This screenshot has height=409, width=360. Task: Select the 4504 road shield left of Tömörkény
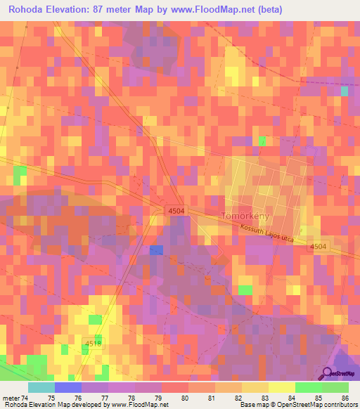(177, 210)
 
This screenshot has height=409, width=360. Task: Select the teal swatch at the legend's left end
(41, 387)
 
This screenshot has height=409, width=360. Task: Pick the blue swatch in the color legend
(67, 387)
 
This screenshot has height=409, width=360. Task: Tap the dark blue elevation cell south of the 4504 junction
(156, 250)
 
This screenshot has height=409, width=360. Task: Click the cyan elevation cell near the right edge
(345, 91)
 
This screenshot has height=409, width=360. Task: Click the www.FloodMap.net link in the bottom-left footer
(136, 405)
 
